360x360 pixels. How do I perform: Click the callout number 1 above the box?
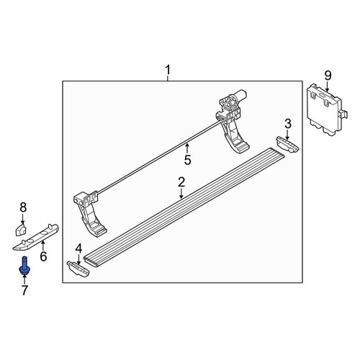tap(168, 70)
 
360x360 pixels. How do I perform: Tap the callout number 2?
tap(181, 183)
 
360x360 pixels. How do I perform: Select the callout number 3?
tap(288, 124)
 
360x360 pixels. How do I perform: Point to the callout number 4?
tap(78, 248)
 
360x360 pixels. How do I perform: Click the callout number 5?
tap(188, 160)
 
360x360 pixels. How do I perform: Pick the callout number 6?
tap(43, 256)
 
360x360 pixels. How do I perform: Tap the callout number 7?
tap(24, 290)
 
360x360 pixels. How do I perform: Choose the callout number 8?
tap(23, 208)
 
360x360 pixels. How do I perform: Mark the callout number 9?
tap(328, 76)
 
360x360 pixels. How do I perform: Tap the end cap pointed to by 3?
tap(287, 144)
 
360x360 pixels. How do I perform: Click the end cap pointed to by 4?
tap(78, 269)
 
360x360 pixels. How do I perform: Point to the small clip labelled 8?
tap(21, 230)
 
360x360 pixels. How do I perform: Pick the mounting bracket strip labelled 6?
tap(35, 238)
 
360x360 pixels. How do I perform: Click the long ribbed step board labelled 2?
tap(184, 207)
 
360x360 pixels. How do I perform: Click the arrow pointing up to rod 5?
tap(187, 148)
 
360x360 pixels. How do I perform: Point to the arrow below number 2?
tap(181, 194)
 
